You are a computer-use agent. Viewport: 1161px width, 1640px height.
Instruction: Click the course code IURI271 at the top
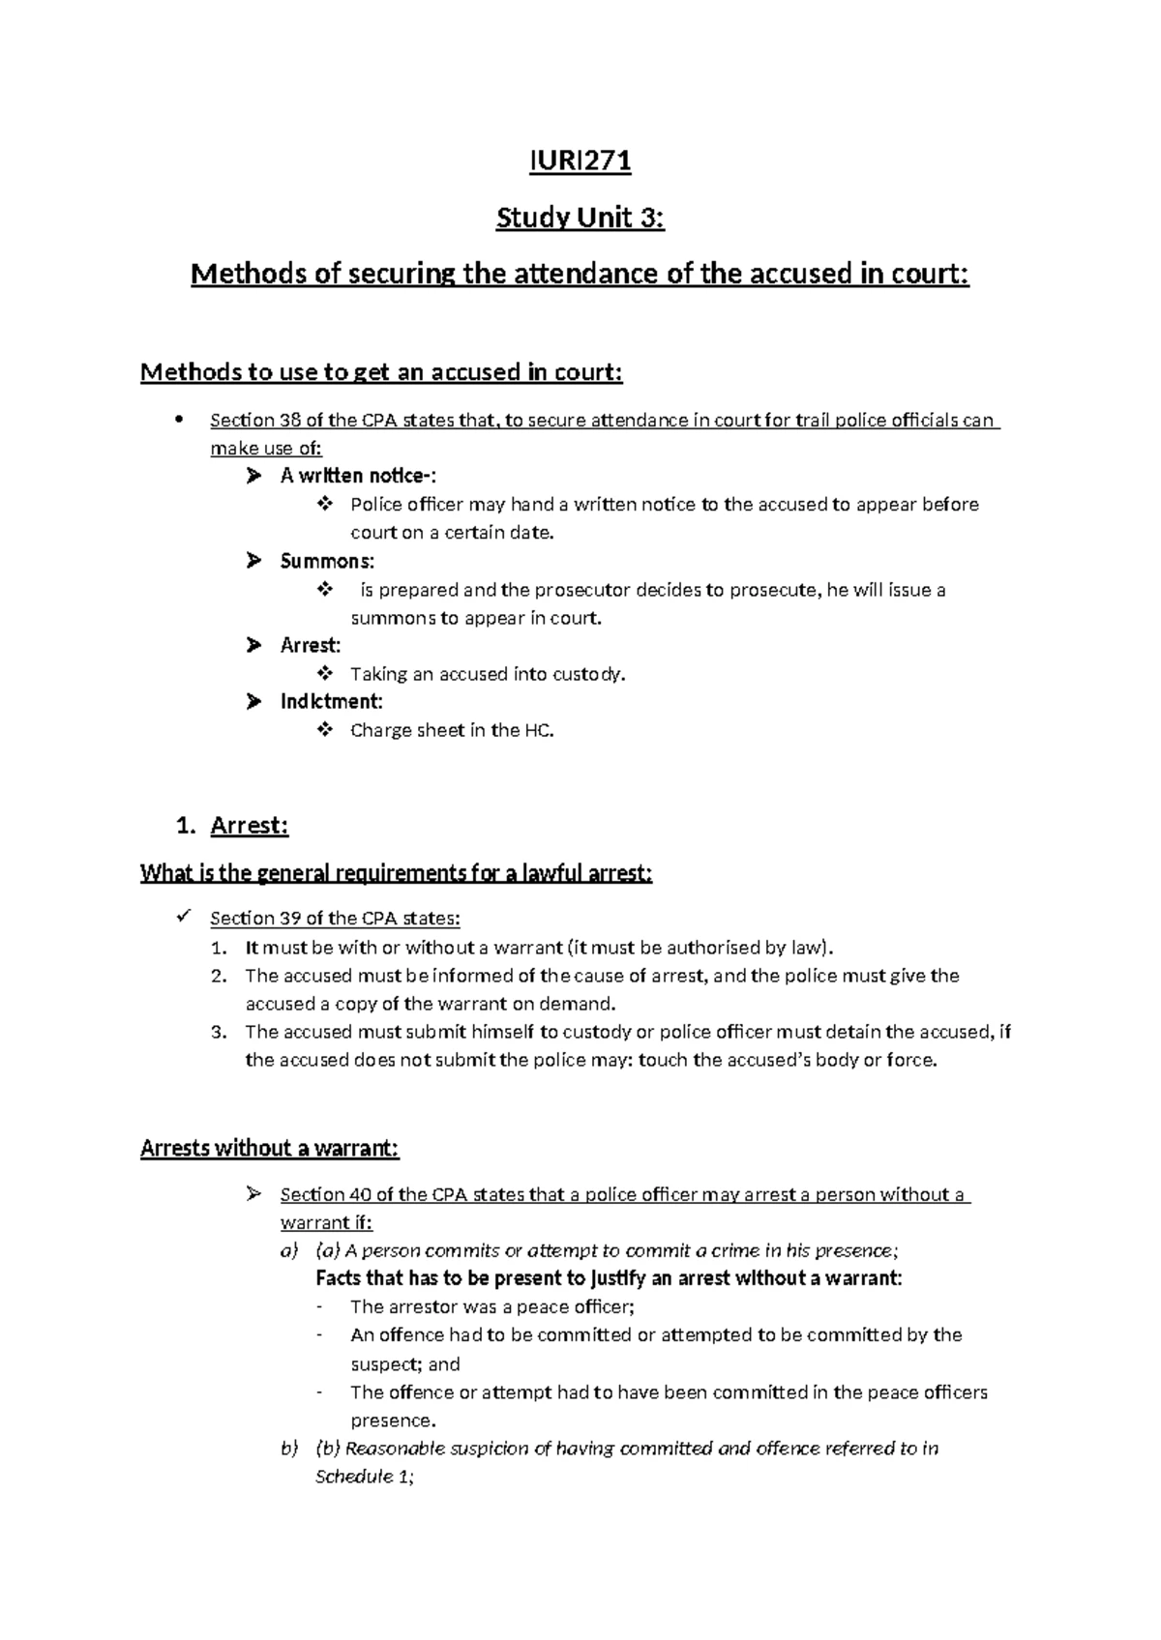580,161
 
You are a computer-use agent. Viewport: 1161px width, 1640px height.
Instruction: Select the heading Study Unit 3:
580,219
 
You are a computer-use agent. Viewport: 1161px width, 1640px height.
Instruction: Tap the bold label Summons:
327,561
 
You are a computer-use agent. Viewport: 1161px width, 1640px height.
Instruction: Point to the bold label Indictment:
331,701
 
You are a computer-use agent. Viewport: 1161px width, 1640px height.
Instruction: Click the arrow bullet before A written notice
253,476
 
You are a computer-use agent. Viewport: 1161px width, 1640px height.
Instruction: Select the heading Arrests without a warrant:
269,1148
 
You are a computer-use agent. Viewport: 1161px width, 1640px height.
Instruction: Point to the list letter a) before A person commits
288,1250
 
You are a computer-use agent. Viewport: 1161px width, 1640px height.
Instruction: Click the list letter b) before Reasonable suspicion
288,1449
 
